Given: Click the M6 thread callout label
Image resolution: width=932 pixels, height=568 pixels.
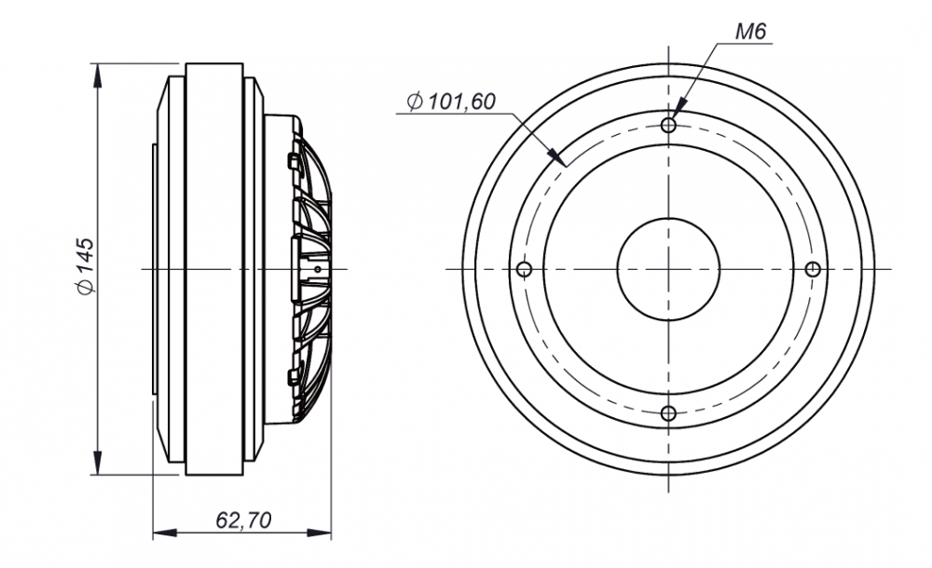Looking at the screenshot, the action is point(751,31).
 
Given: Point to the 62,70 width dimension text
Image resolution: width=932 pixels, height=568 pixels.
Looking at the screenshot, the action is point(243,521).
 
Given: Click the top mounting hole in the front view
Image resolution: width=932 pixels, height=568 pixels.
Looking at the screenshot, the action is point(668,126).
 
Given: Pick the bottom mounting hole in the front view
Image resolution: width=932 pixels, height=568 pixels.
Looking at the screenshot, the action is point(668,413).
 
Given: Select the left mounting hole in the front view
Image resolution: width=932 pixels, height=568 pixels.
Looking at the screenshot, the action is point(524,270).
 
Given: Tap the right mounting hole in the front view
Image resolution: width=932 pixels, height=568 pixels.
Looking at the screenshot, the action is point(813,270).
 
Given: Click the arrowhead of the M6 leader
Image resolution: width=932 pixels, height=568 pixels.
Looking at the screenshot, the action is point(680,104).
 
